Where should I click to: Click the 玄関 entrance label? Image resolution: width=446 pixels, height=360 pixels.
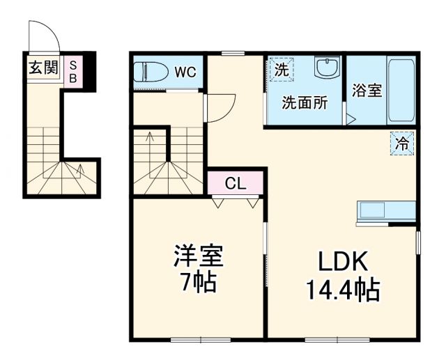(43, 68)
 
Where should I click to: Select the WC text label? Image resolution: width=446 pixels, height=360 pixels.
(185, 72)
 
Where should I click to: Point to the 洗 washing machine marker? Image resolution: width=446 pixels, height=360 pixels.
(280, 70)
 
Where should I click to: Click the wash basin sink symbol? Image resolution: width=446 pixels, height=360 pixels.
(325, 69)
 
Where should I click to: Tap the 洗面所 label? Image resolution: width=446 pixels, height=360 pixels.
(305, 103)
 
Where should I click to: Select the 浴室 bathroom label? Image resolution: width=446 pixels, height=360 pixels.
(367, 91)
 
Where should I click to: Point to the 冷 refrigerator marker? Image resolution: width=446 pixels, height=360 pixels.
(402, 144)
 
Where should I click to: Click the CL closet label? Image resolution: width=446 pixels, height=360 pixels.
(236, 184)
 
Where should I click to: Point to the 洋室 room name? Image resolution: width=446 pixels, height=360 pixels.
(198, 256)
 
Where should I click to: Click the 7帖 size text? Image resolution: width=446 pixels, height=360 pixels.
(198, 282)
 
